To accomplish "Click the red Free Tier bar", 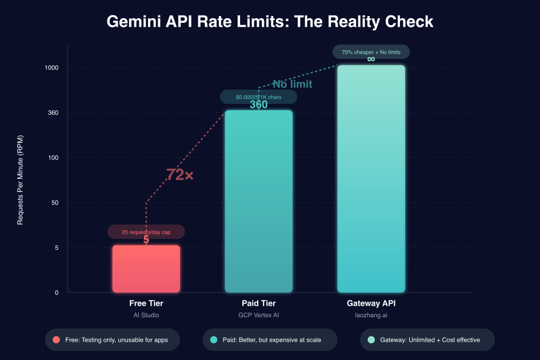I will coord(146,269).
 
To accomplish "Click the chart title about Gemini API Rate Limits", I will coord(270,22).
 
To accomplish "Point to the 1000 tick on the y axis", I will coord(52,67).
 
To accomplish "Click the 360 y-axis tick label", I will coord(54,113).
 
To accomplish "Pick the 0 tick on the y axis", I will coord(57,293).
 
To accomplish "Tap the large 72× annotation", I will coord(179,175).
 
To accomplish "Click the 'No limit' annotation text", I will coord(292,85).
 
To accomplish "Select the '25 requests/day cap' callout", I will coord(146,232).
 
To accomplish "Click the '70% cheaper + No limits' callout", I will coord(371,52).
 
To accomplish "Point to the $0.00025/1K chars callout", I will coord(258,97).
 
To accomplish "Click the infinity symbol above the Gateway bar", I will coord(371,59).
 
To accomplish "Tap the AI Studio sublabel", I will coord(146,315).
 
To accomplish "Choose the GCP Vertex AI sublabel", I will coord(258,315).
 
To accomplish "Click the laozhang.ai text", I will coord(371,315).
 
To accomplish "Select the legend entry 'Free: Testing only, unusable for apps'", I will coord(113,339).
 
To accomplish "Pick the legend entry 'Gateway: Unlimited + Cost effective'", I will coord(427,339).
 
